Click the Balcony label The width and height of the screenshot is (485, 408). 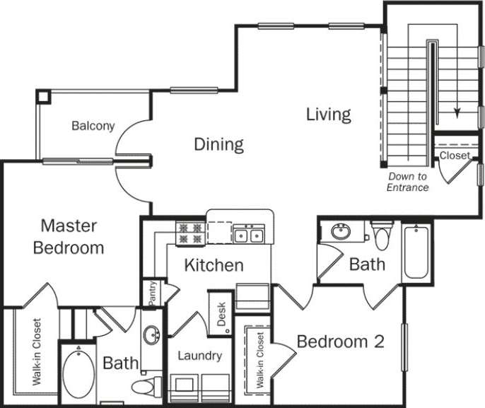(x=93, y=127)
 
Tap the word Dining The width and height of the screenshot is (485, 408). (x=218, y=145)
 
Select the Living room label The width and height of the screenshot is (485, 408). (x=329, y=114)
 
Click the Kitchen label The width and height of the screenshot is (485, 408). (x=214, y=266)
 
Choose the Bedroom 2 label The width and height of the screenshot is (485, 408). (x=340, y=342)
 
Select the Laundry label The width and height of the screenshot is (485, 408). (x=200, y=356)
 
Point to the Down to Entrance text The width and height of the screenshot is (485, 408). (x=408, y=182)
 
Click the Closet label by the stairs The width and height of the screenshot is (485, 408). (x=454, y=156)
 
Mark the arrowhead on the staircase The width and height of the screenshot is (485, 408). (x=457, y=112)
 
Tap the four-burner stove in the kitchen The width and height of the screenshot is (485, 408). (x=190, y=233)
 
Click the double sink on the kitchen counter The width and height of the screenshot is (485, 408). (x=249, y=234)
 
